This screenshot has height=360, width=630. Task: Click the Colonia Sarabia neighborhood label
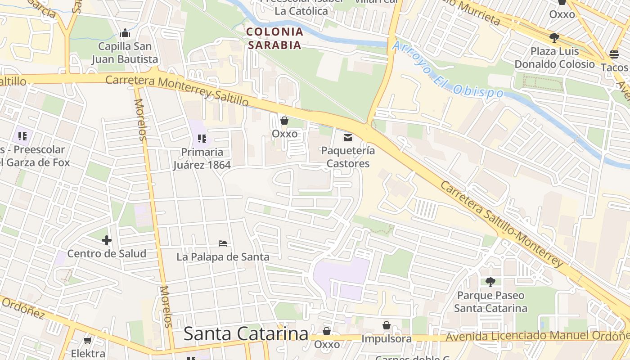275,38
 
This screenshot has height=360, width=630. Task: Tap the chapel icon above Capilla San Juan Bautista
125,33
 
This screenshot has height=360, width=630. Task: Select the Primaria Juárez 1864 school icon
202,138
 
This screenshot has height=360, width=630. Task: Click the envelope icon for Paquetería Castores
348,138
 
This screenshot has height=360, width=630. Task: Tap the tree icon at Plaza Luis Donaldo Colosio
554,37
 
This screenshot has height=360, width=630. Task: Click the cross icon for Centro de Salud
107,240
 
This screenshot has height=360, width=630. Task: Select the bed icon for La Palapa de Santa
222,243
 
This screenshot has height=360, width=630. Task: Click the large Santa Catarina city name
246,334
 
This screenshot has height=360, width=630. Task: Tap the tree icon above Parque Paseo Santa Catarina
490,282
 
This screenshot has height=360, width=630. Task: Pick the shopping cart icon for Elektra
88,341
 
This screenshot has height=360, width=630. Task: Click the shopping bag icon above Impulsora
387,325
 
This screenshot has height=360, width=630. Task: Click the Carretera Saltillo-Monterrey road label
502,224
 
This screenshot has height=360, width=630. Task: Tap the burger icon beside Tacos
614,54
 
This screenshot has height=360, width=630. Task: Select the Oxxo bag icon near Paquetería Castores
284,121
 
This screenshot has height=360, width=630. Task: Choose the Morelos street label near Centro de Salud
165,306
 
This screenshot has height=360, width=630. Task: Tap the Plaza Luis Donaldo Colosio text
554,58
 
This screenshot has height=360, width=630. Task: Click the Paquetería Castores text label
348,157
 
